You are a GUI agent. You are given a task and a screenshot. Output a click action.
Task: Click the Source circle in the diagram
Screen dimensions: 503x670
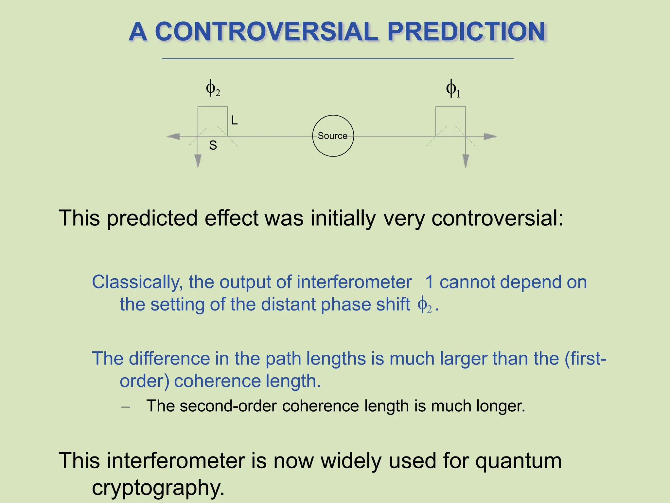coord(333,136)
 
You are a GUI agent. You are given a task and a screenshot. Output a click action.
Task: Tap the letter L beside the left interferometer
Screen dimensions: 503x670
coord(234,121)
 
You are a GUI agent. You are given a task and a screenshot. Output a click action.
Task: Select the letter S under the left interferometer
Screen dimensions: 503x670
coord(213,145)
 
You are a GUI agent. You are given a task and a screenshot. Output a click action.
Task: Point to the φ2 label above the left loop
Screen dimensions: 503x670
coord(213,88)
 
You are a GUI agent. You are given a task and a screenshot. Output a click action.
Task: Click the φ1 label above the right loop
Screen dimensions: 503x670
coord(453,89)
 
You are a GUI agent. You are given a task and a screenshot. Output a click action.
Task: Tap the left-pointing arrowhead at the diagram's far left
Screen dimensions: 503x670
coord(173,136)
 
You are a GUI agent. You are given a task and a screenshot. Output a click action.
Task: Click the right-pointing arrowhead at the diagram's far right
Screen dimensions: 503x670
coord(490,136)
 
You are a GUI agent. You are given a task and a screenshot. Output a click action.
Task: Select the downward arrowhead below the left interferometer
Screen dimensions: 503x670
coord(198,161)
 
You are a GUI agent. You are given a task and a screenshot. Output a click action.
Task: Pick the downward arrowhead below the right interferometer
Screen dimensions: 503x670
coord(466,161)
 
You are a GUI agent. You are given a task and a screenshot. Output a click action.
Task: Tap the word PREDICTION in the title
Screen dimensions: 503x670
coord(466,31)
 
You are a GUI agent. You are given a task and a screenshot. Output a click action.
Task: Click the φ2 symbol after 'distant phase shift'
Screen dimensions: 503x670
coord(425,305)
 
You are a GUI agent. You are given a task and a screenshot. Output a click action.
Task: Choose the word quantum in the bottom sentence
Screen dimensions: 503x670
coord(518,460)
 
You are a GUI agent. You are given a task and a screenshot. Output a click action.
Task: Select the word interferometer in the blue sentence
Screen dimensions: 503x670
coord(354,282)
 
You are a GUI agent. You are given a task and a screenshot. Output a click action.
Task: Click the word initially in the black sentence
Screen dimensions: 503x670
coord(343,218)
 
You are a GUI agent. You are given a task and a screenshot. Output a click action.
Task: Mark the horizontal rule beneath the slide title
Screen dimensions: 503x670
coord(338,59)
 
